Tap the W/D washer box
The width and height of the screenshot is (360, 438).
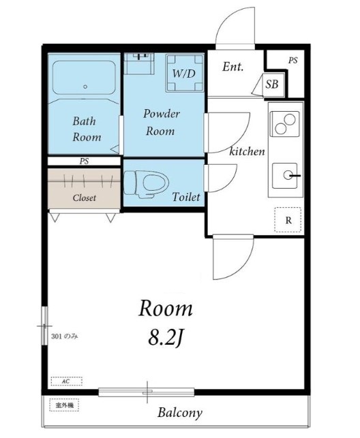coord(185,73)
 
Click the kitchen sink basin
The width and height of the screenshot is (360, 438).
coord(285,176)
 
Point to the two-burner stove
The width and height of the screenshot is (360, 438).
coord(285,124)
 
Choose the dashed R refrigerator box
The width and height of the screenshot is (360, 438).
coord(288,220)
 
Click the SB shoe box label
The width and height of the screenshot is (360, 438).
coord(272,84)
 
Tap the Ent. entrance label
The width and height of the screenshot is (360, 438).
coord(232,67)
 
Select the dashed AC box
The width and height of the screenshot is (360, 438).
coord(67,381)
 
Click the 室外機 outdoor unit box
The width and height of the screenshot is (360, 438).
coord(64,405)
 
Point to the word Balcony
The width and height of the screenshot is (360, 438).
coord(180,413)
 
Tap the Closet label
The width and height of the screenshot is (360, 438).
coord(84,198)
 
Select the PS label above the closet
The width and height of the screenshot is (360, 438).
coord(84,161)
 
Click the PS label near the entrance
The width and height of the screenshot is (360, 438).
coord(293,61)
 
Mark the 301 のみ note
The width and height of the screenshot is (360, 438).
coord(65,337)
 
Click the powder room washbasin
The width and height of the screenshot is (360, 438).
coord(139,63)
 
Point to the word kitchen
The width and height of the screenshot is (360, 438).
coord(247,151)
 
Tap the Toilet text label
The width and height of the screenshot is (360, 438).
coord(186,197)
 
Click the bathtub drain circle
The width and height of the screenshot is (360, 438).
coord(85,87)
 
